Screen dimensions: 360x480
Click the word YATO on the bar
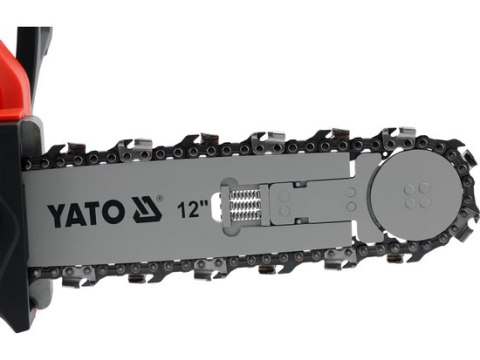pos(89,211)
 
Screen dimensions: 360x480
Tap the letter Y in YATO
pos(55,212)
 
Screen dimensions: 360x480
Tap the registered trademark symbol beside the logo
pos(162,201)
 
